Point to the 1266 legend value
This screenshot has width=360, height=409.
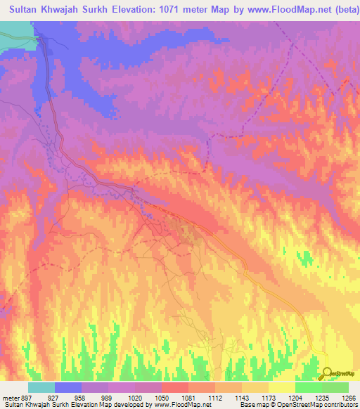(x=348, y=397)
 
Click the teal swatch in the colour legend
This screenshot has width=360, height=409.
(x=41, y=387)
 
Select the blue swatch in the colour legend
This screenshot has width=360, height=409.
(x=68, y=387)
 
